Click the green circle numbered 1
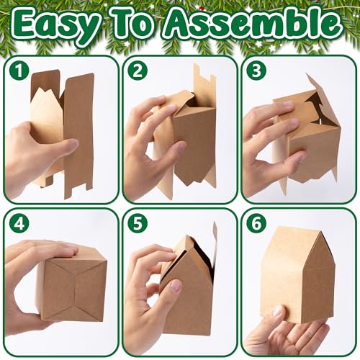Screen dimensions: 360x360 pos(19,71)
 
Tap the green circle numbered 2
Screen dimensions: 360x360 pos(138,71)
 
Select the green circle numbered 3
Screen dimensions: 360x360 pos(256,71)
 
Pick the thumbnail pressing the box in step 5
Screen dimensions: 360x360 pos(175,287)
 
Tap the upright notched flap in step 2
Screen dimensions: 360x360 pos(204,81)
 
